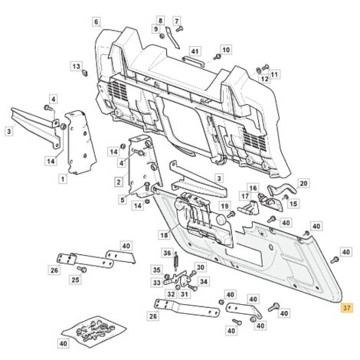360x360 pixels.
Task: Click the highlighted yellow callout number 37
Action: click(x=346, y=308)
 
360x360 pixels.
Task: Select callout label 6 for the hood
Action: click(x=96, y=22)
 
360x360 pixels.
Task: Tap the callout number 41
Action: click(x=195, y=52)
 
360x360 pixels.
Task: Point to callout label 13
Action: click(x=77, y=67)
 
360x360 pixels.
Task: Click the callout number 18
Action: click(x=164, y=234)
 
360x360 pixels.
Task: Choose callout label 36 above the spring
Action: click(x=167, y=253)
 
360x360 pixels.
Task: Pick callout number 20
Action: click(x=303, y=183)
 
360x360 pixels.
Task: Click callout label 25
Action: click(x=75, y=280)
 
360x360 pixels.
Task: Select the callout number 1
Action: click(x=63, y=179)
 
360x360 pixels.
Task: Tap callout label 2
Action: click(x=119, y=182)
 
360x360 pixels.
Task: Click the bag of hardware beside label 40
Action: click(x=94, y=332)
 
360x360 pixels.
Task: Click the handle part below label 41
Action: click(x=193, y=62)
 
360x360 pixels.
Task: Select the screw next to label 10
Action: click(x=217, y=56)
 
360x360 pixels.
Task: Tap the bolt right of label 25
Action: click(x=82, y=269)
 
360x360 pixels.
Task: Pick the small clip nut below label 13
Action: click(x=85, y=73)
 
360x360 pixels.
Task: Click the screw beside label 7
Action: click(x=180, y=28)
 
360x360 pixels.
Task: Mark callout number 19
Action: click(x=224, y=206)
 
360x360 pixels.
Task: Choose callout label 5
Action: click(x=123, y=200)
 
